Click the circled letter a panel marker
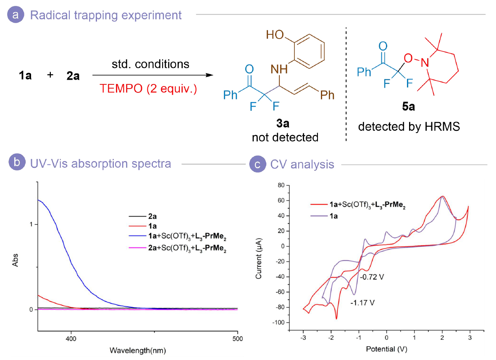click(16, 16)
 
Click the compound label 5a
click(408, 107)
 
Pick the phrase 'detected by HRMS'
click(409, 126)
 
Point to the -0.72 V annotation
click(372, 277)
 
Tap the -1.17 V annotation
click(362, 302)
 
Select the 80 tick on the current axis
click(280, 185)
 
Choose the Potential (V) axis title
click(386, 349)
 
